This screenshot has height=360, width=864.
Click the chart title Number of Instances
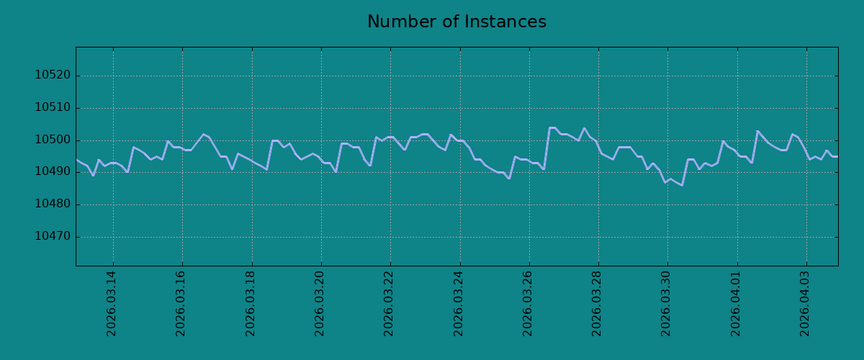(456, 22)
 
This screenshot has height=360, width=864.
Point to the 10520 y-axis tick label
(53, 75)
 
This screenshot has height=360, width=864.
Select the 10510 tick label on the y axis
(53, 107)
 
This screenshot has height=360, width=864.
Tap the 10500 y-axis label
(53, 140)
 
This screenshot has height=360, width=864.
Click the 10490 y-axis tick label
(53, 171)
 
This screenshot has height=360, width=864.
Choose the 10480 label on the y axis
(53, 204)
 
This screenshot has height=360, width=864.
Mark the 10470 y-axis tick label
(53, 236)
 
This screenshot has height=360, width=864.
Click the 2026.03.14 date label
(111, 304)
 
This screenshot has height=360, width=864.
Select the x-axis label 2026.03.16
(181, 304)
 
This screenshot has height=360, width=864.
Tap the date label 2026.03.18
(251, 304)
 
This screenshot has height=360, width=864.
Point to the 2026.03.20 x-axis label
(320, 304)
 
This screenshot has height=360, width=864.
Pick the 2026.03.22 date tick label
(388, 304)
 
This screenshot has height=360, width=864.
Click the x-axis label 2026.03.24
(458, 304)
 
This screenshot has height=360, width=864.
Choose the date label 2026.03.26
(527, 304)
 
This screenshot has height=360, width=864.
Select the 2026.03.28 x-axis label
(597, 304)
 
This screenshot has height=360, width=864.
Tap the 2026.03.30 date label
(666, 304)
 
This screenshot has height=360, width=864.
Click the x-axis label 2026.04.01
(736, 304)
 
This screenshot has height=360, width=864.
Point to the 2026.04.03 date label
(805, 304)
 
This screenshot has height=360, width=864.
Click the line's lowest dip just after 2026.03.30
(682, 185)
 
